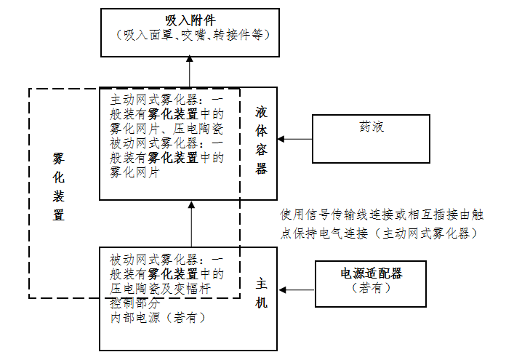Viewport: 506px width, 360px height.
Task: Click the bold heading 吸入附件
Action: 190,18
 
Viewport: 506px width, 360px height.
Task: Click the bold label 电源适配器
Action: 372,273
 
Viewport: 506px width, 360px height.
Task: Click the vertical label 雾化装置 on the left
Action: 59,185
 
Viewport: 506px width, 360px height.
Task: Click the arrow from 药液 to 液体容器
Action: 295,139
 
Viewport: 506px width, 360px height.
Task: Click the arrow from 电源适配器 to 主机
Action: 297,289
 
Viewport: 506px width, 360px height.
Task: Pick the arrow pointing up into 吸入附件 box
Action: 190,73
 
